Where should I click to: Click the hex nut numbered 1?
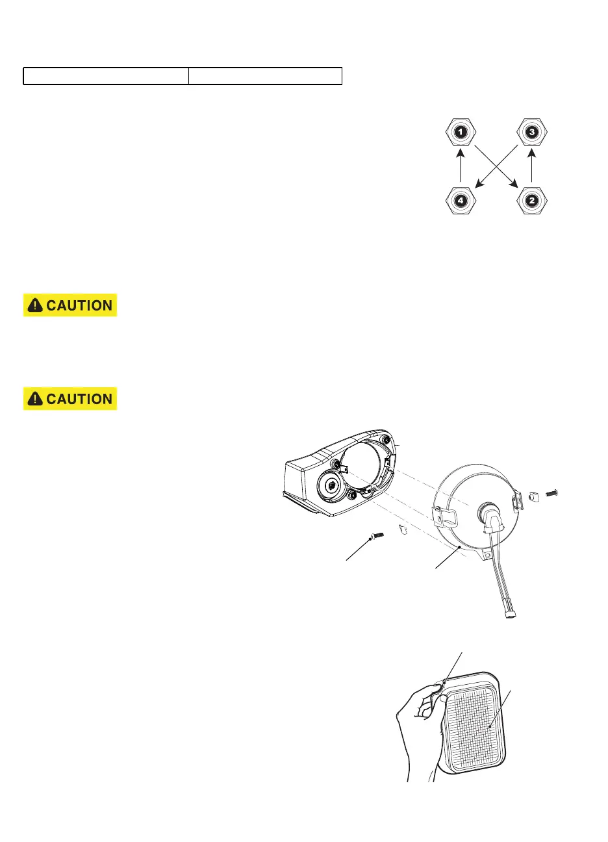pos(461,133)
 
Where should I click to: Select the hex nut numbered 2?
pos(532,200)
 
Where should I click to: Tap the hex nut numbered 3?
pos(532,133)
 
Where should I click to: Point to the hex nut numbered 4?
pos(461,200)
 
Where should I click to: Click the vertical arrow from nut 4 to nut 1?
pos(461,166)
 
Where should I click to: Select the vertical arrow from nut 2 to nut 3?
pos(532,166)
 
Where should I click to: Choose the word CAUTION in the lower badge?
pos(79,399)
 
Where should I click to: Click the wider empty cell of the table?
pos(107,76)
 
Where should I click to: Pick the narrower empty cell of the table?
pos(265,76)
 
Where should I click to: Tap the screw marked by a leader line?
pos(376,536)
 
